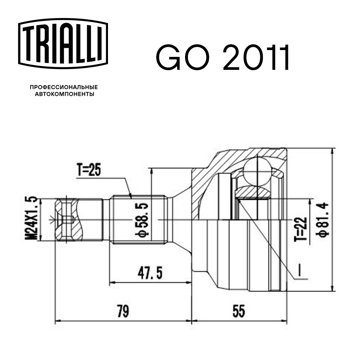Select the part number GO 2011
coord(222,57)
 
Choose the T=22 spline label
coord(301,229)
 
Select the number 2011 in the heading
coord(256,57)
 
